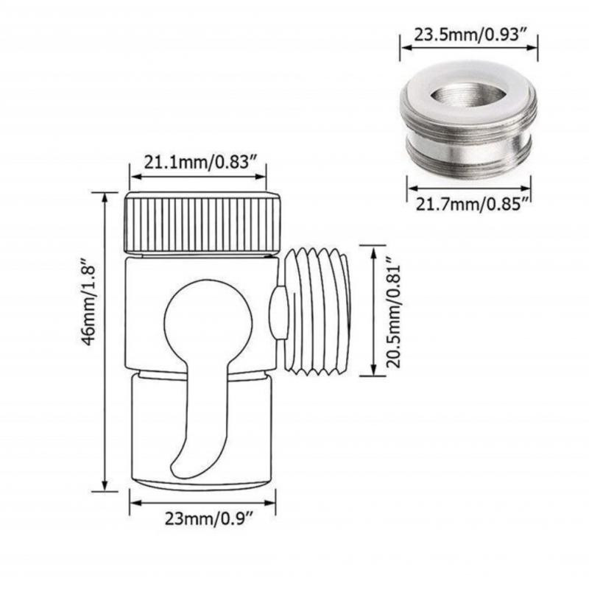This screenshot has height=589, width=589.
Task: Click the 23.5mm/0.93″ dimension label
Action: pyautogui.click(x=469, y=34)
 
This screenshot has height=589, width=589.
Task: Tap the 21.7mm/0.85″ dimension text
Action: pyautogui.click(x=469, y=204)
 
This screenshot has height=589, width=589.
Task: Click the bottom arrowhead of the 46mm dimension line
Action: pyautogui.click(x=105, y=486)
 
